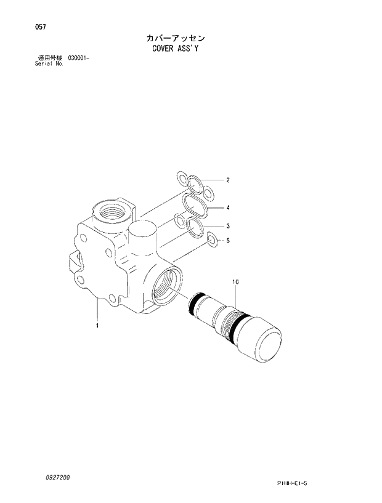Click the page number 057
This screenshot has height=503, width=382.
[23, 27]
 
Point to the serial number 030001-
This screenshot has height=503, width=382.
[76, 58]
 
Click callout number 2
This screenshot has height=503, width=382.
[227, 180]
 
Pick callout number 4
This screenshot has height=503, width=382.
[227, 207]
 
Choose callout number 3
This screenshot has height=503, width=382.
[227, 225]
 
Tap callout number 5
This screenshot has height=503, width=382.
[227, 240]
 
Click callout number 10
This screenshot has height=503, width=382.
[235, 281]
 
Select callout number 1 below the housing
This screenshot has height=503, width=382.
[97, 324]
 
